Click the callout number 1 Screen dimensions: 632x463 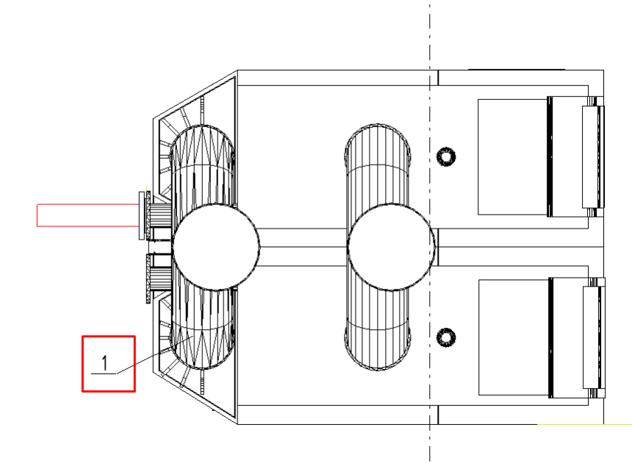tap(105, 363)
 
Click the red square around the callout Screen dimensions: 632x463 tap(82, 364)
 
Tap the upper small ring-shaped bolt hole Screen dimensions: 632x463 tap(446, 157)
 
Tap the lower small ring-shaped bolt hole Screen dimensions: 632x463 tap(446, 337)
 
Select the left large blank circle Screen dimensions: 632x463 tap(216, 247)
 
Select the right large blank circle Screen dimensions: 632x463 tap(391, 247)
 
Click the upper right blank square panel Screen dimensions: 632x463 tap(512, 157)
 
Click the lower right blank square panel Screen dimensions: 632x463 tap(513, 337)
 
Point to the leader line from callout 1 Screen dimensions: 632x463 tap(155, 355)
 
